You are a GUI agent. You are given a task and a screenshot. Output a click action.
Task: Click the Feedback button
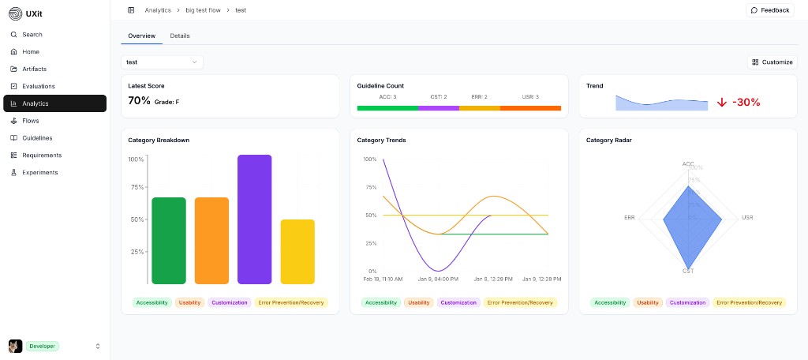point(769,10)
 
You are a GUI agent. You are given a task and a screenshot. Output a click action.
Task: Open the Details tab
point(180,36)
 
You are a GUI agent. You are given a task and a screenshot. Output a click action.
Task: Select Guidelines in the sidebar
point(37,138)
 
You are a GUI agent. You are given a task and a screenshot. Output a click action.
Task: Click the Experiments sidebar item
point(39,172)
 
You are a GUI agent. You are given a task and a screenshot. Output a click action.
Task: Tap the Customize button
point(772,62)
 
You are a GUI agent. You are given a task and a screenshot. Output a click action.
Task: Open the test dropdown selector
point(162,62)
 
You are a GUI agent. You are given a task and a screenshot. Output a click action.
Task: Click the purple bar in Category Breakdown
point(255,219)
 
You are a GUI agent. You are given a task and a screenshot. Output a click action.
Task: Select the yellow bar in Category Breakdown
point(297,252)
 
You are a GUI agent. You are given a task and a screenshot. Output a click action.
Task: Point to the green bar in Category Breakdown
point(169,241)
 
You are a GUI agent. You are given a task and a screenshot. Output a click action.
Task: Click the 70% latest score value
point(139,101)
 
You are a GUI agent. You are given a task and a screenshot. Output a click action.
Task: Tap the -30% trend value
point(746,103)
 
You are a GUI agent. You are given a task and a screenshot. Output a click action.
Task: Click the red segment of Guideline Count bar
point(530,107)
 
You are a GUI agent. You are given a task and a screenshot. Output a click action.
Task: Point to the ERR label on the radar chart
point(630,217)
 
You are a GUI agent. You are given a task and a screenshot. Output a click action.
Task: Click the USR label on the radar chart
point(747,217)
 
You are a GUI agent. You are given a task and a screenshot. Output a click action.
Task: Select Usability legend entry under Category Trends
point(419,302)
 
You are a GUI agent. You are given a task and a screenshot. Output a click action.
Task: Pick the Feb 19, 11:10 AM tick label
point(383,279)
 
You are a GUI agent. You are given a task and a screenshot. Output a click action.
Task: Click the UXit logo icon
point(15,13)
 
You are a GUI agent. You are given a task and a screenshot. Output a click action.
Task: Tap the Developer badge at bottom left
point(43,346)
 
